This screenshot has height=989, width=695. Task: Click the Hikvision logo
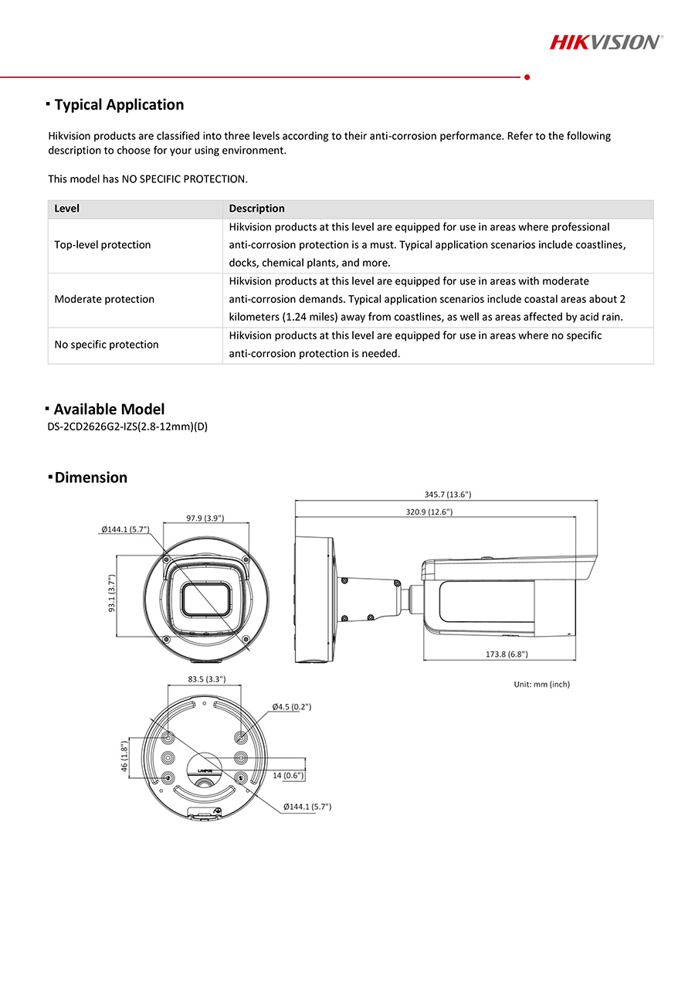pos(605,42)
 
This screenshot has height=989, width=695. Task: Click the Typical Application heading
pos(119,104)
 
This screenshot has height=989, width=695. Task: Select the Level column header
pos(67,209)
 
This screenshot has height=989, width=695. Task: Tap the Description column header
pos(257,209)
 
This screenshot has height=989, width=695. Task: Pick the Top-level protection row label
pos(103,245)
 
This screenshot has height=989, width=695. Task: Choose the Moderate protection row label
pos(104,299)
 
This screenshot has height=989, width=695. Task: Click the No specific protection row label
pos(107,345)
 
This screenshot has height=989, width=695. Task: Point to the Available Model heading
pos(109,410)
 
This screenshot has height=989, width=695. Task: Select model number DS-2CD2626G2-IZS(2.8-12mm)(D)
pos(127,427)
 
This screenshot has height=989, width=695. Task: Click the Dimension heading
pos(90,478)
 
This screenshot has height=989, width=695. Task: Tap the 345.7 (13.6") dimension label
pos(448,494)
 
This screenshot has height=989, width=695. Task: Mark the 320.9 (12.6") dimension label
pos(429,511)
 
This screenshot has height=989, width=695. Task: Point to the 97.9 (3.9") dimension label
pos(205,518)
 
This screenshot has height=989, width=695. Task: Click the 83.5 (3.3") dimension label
pos(206,679)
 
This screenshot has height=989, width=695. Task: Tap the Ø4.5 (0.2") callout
pos(291,707)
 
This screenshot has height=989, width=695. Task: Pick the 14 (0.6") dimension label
pos(288,775)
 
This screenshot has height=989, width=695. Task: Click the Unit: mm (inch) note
pos(542,685)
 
